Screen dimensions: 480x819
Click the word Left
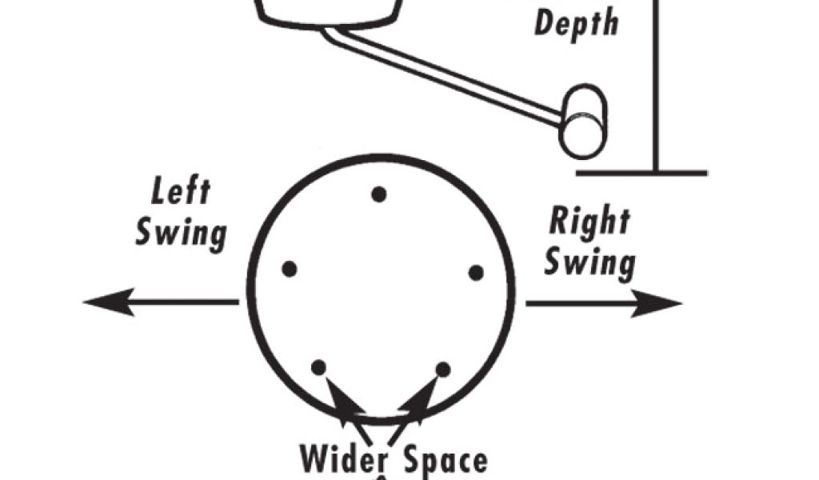point(181,194)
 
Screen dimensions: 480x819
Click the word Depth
point(576,22)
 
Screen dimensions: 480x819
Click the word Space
point(445,462)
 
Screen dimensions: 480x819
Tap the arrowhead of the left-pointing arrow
point(101,302)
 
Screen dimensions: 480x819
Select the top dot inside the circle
point(379,194)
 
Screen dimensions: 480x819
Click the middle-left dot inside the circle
point(290,269)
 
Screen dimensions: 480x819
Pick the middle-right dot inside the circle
point(476,273)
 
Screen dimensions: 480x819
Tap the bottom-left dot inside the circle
point(318,367)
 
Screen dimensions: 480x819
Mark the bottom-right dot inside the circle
point(442,369)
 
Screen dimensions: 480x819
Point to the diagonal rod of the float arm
point(448,76)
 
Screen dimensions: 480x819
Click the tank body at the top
point(328,10)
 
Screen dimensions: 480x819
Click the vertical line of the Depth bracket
point(657,88)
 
